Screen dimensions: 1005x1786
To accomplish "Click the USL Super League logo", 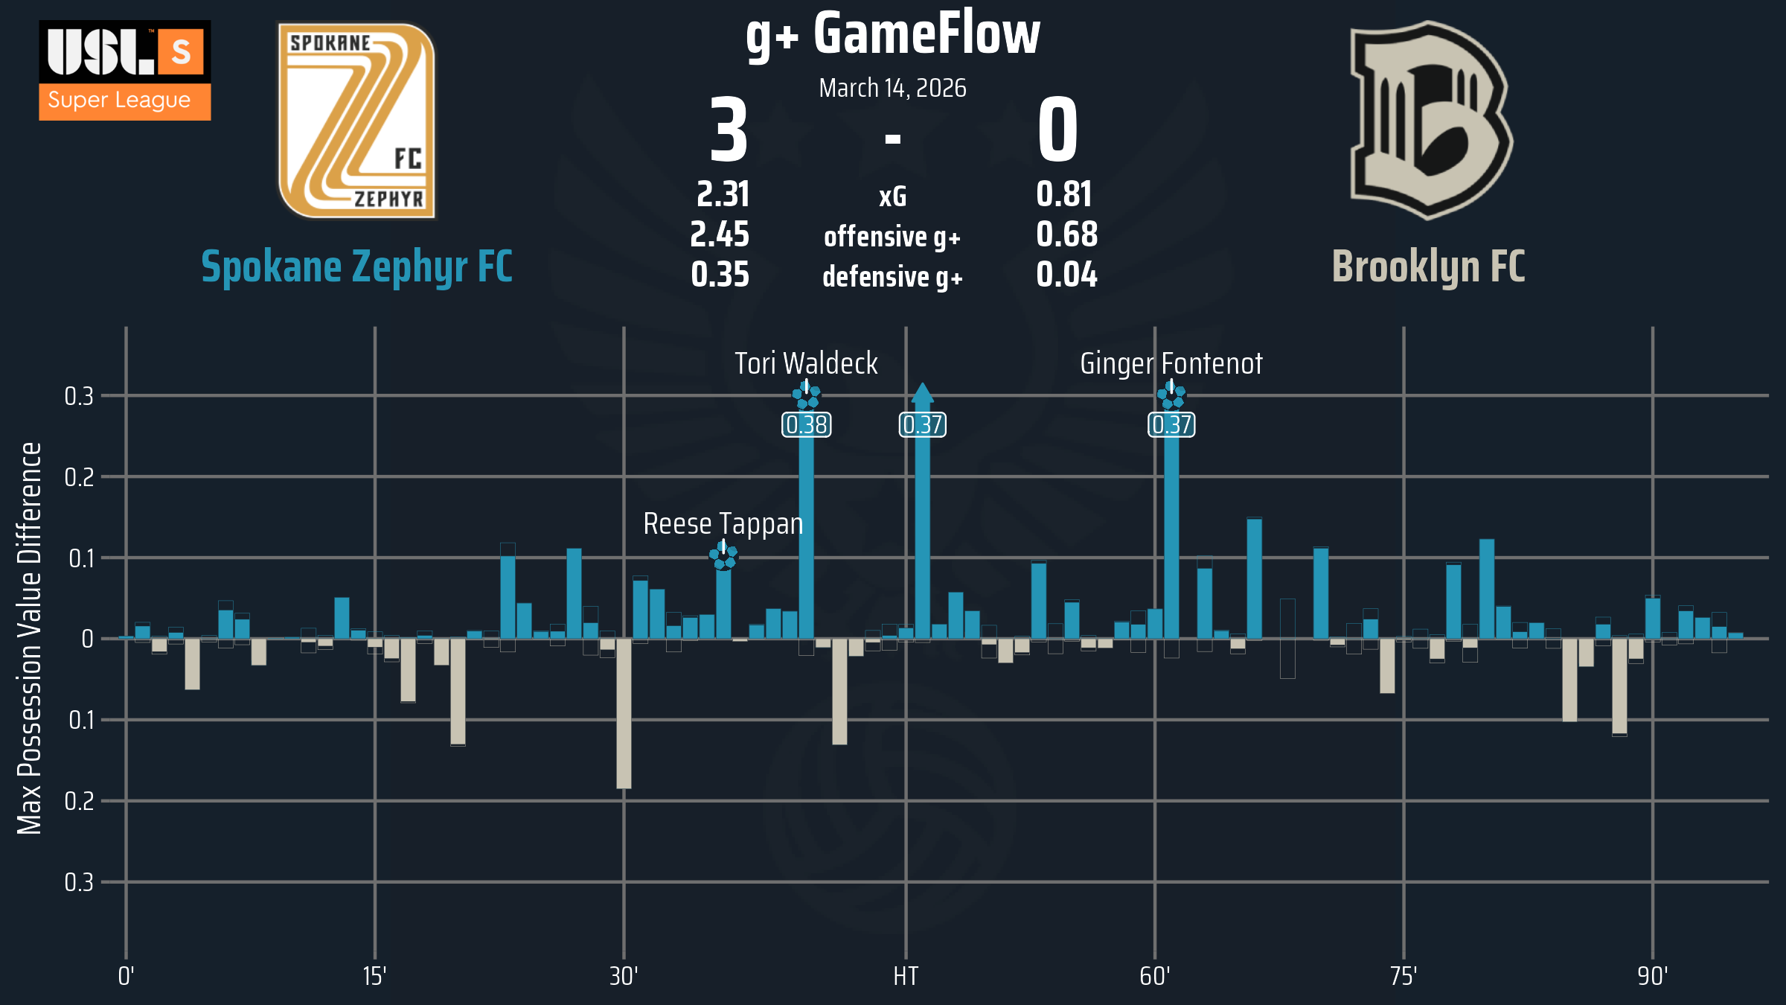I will click(125, 70).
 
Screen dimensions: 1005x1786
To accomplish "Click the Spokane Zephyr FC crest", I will click(356, 121).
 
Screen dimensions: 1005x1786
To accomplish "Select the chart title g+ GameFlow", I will click(892, 34).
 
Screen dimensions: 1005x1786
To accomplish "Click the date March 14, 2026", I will click(892, 88).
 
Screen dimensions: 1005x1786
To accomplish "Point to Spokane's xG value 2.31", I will click(723, 194).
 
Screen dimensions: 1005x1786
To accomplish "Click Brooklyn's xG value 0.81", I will click(1064, 194).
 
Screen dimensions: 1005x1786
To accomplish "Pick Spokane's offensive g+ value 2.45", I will click(720, 234).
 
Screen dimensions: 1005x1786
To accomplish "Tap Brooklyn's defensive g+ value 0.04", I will click(1066, 275).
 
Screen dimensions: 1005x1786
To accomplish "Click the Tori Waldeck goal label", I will click(806, 363).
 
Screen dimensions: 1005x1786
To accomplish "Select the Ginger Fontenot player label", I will click(1171, 363).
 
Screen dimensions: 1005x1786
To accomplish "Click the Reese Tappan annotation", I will click(723, 523).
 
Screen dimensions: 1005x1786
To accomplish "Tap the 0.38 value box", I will click(807, 424).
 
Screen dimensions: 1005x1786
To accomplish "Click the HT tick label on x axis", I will click(906, 976).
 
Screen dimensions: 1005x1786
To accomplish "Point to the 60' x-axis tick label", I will click(1154, 976).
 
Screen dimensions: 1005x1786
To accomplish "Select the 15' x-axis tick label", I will click(374, 976).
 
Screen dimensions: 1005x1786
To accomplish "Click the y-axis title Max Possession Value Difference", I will click(30, 638).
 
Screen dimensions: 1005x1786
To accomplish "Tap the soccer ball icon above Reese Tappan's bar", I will click(723, 555).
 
